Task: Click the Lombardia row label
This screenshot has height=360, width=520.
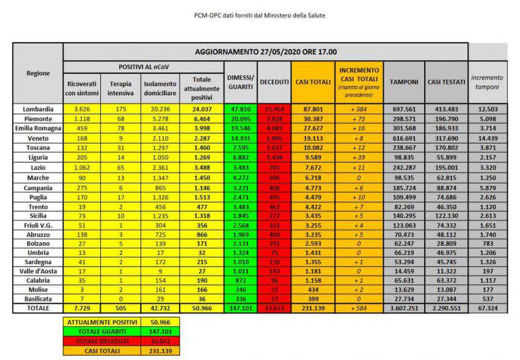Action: click(x=38, y=109)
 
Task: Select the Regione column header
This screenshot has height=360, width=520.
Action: click(x=38, y=73)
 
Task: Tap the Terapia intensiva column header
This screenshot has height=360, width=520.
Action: click(x=120, y=88)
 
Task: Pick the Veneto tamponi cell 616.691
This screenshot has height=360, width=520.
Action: click(x=404, y=138)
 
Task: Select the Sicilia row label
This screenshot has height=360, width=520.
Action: click(x=38, y=216)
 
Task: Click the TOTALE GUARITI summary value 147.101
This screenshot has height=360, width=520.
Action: click(x=160, y=330)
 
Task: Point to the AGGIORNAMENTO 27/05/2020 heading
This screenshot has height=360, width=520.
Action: click(x=266, y=52)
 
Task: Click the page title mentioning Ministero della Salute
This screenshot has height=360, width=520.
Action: click(x=260, y=15)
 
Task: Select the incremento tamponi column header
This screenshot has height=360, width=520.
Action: click(x=487, y=82)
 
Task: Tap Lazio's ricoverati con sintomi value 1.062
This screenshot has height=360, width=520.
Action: click(x=81, y=167)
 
